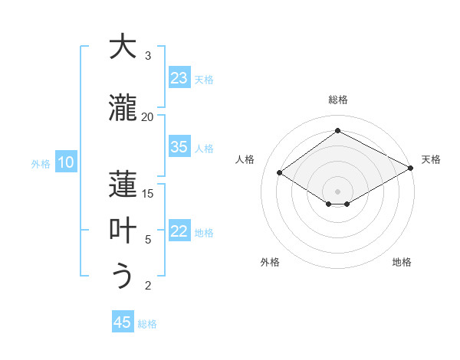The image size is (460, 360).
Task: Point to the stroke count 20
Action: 147,116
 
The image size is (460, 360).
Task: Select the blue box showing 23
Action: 179,78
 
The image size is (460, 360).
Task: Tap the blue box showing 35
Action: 179,147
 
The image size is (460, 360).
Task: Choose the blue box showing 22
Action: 179,232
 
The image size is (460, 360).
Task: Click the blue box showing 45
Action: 123,322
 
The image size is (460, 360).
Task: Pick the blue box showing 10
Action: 66,162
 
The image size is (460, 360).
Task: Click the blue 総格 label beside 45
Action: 147,324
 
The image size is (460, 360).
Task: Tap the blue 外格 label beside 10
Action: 40,163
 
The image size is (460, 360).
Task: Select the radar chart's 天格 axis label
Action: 431,159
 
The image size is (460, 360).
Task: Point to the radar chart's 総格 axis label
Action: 338,100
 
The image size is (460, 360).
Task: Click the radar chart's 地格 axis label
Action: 402,262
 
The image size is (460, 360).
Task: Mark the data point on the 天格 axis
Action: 411,168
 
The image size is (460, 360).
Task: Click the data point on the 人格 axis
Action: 280,173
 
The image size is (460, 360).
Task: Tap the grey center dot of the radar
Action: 337,190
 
